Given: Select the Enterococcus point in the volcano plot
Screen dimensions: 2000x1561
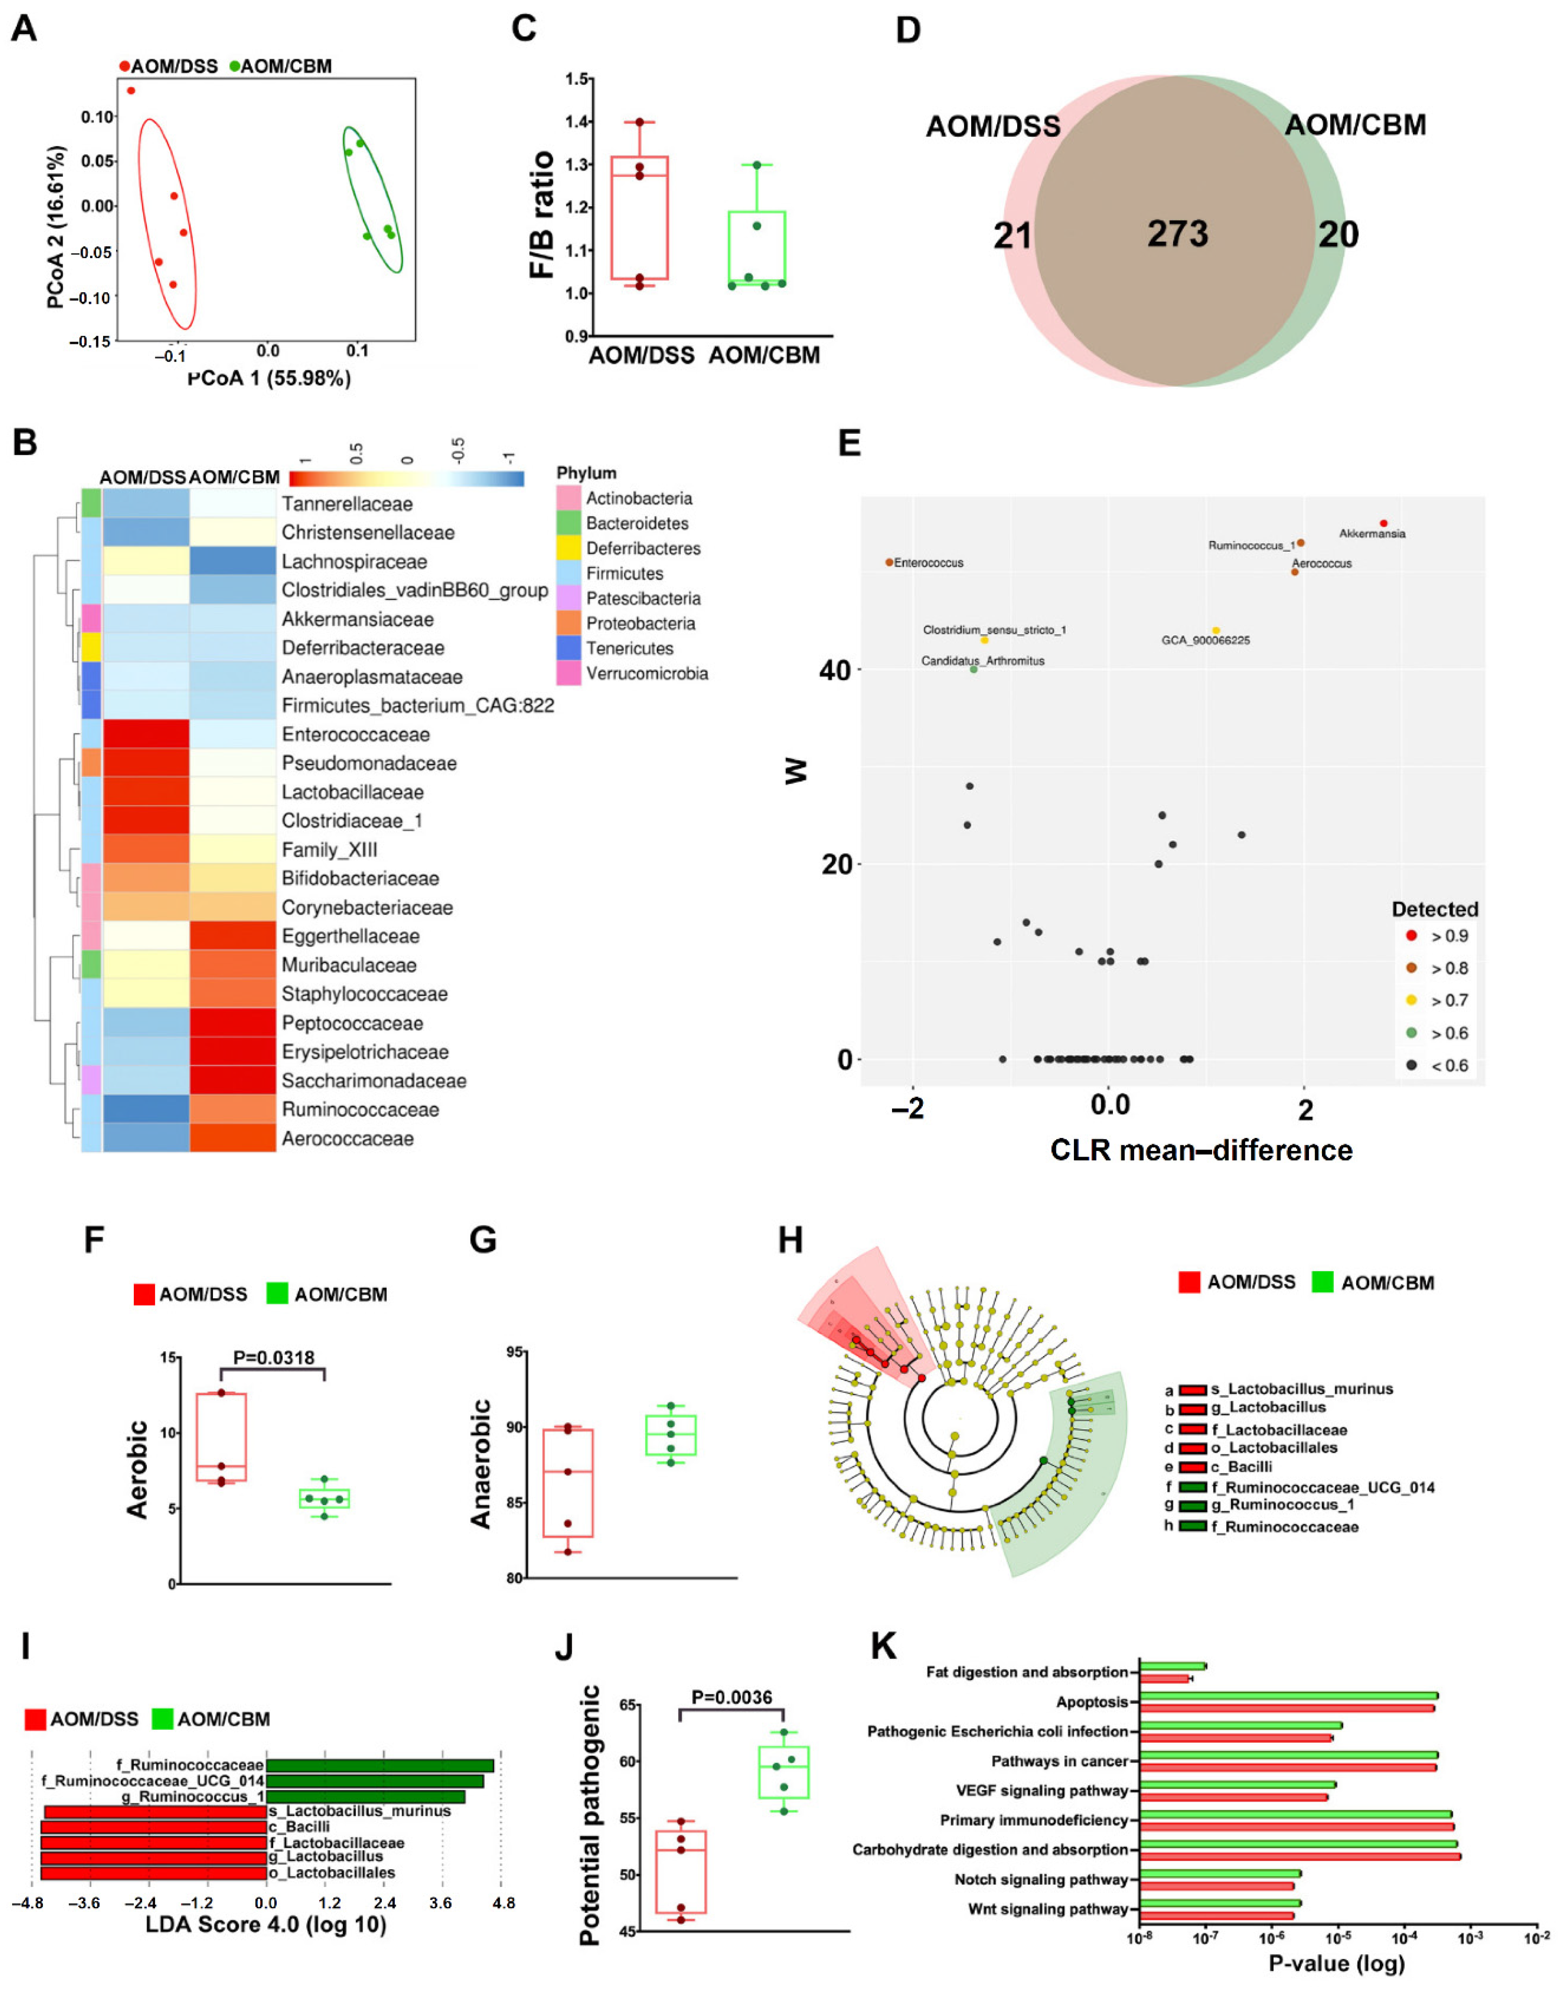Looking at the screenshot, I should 889,562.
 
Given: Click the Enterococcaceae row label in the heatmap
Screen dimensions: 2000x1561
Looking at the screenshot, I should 355,734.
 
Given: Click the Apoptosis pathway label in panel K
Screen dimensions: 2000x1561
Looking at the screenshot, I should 1091,1702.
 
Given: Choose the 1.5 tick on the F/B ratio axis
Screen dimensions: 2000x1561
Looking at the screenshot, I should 577,79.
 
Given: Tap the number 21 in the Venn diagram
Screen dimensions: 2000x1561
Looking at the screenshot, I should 1012,236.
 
